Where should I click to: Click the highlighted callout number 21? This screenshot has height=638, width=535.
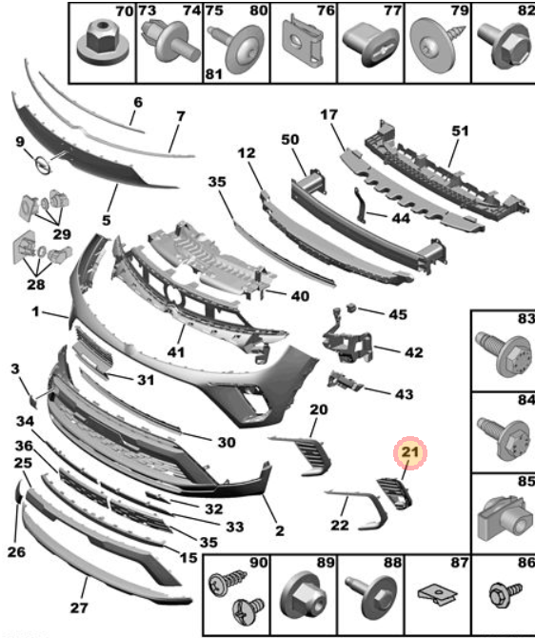click(x=410, y=451)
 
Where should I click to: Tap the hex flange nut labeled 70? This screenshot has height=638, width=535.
click(x=102, y=42)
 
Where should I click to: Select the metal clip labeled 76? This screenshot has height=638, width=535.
click(x=303, y=42)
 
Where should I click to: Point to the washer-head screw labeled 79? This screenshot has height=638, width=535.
click(x=437, y=45)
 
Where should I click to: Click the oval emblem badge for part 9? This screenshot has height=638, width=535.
click(x=42, y=165)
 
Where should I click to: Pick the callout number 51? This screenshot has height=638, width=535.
click(x=460, y=131)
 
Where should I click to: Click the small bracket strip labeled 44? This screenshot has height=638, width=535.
click(x=362, y=205)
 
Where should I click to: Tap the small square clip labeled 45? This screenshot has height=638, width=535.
click(x=351, y=308)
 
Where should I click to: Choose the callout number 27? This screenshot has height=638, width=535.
click(x=79, y=608)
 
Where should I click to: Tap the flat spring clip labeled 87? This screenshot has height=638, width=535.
click(x=437, y=594)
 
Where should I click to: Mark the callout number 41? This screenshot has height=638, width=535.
click(x=176, y=351)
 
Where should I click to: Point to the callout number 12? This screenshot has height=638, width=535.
click(x=247, y=153)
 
